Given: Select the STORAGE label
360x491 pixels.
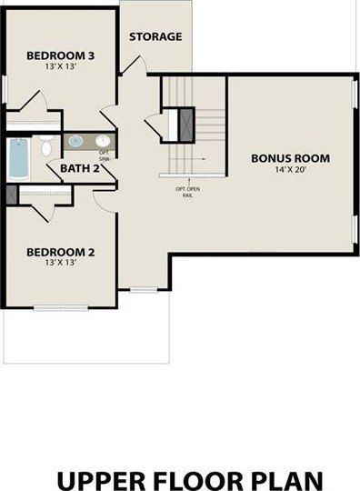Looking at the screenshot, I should pyautogui.click(x=155, y=37).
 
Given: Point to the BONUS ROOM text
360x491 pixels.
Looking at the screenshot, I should pyautogui.click(x=290, y=158).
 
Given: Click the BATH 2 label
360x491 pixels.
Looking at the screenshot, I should pyautogui.click(x=81, y=167).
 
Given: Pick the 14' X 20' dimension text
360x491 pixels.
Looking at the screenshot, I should pyautogui.click(x=290, y=170).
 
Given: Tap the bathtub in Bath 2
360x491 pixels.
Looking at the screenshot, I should pyautogui.click(x=18, y=158).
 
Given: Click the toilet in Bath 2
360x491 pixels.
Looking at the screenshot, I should pyautogui.click(x=43, y=145).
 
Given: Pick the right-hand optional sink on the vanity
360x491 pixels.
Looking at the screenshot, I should pyautogui.click(x=103, y=141).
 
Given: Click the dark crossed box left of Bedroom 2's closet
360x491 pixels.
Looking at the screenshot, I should pyautogui.click(x=11, y=195).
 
